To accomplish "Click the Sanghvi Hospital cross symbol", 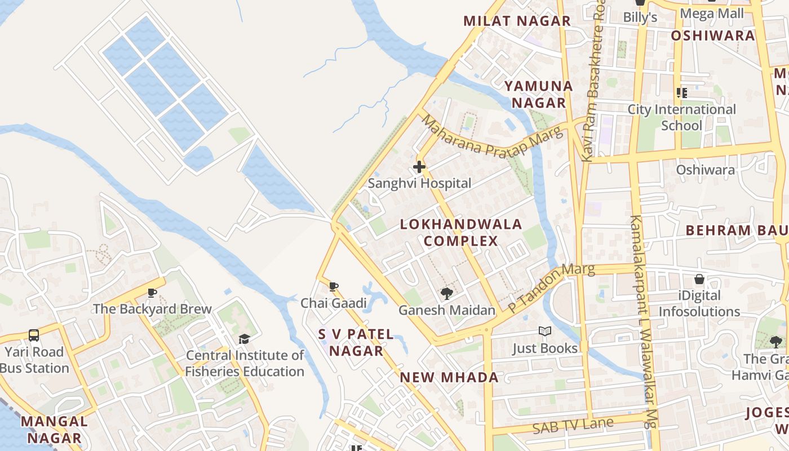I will coord(419,167).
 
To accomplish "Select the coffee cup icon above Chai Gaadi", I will coord(334,286).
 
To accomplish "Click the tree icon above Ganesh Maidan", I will coord(447,293).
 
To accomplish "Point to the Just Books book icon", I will coord(544,331).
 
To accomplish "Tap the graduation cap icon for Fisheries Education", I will coord(244,339).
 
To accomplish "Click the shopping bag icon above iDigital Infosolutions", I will coord(699,279).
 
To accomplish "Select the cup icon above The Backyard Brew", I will coord(152,293).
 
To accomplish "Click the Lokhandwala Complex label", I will coord(461,233).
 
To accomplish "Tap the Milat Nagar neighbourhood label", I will coord(517,21).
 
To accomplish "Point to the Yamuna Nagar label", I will coord(538,94).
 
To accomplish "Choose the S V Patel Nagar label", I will coord(356,342).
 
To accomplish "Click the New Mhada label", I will coord(449,378).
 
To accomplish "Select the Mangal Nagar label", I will coord(55,429).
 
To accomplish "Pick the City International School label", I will coord(682,117).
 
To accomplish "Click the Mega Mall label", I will coord(712,14).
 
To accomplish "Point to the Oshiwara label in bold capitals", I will coord(712,36).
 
